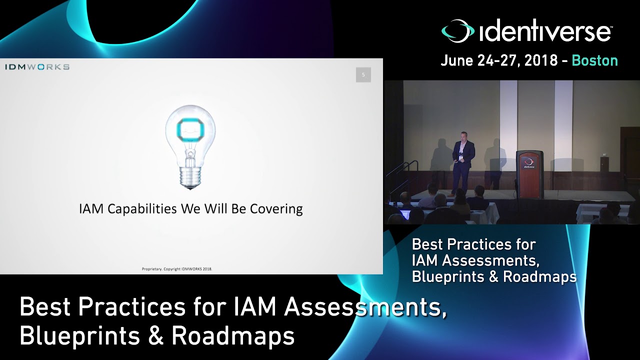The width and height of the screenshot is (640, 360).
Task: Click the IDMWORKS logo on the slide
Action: (x=37, y=67)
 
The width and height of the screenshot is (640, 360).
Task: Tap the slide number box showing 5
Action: (x=363, y=75)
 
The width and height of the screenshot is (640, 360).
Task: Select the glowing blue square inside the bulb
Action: (x=190, y=130)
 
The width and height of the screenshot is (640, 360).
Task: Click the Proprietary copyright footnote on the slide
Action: (x=177, y=269)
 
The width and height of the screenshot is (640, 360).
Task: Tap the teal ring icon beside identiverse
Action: (x=457, y=31)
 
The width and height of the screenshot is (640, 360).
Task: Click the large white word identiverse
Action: (x=545, y=32)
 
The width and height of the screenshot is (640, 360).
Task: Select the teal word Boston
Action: (x=594, y=61)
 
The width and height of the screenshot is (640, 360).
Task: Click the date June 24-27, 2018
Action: (x=499, y=61)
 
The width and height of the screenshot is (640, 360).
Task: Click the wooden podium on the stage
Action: (x=529, y=174)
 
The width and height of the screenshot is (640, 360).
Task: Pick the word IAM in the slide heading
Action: (x=91, y=208)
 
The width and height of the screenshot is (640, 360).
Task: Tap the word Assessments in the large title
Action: (x=365, y=307)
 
